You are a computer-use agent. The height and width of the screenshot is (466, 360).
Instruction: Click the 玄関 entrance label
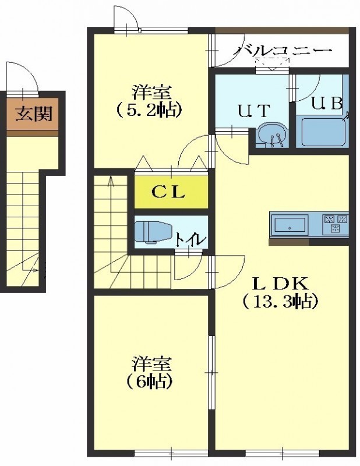34,114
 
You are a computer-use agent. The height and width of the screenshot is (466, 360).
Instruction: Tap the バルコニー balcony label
282,51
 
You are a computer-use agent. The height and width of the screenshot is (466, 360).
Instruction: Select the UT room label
254,111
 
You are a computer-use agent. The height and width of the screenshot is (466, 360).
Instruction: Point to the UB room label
327,104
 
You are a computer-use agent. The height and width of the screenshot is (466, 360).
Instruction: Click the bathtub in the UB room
324,132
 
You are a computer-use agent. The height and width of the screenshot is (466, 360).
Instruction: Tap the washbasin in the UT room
273,136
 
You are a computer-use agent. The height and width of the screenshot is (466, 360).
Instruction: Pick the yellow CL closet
171,192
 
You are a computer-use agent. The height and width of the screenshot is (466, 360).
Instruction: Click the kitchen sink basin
290,225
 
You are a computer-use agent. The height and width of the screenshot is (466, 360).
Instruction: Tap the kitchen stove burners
336,224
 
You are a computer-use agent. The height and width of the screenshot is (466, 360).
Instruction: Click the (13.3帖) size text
281,301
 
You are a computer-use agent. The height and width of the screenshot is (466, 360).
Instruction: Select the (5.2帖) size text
149,110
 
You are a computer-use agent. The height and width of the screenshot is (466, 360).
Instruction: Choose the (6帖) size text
150,382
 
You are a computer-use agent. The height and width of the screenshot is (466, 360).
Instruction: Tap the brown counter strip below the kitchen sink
289,242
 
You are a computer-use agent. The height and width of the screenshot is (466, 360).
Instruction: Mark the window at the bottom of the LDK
283,453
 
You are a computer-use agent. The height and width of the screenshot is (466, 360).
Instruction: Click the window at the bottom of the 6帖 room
171,453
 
